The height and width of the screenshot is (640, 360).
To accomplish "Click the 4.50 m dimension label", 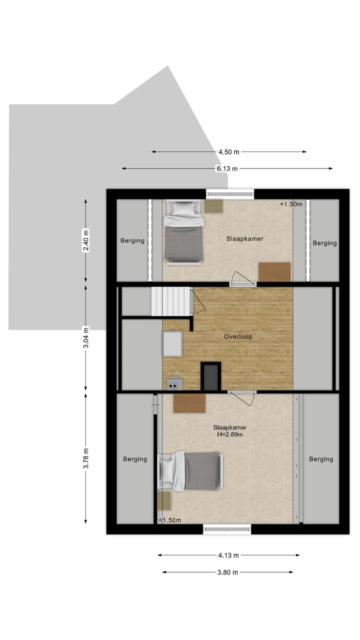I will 228,152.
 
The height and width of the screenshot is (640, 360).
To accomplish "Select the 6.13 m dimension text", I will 227,169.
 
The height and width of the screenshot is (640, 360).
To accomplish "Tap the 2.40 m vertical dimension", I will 86,240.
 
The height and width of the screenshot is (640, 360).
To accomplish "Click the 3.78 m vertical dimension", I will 86,458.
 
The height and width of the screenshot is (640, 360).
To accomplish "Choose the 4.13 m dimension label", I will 228,555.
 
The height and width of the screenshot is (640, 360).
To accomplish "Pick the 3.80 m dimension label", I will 227,572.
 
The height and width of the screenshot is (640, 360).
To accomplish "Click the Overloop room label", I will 237,336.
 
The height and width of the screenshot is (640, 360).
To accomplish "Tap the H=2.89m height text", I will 229,434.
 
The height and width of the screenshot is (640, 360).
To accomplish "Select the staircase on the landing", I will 171,301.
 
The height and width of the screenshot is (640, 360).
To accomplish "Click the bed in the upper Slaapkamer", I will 184,231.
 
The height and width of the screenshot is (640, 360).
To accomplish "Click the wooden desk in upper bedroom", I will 274,272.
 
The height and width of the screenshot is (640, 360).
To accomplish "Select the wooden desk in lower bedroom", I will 189,403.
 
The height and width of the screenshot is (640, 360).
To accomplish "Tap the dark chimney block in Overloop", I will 210,376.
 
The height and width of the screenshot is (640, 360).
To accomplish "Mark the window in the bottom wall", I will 227,529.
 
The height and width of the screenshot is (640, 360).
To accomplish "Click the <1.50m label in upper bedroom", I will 291,204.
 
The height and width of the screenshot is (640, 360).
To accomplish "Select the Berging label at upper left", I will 132,240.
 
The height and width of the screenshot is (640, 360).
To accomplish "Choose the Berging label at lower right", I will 321,459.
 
